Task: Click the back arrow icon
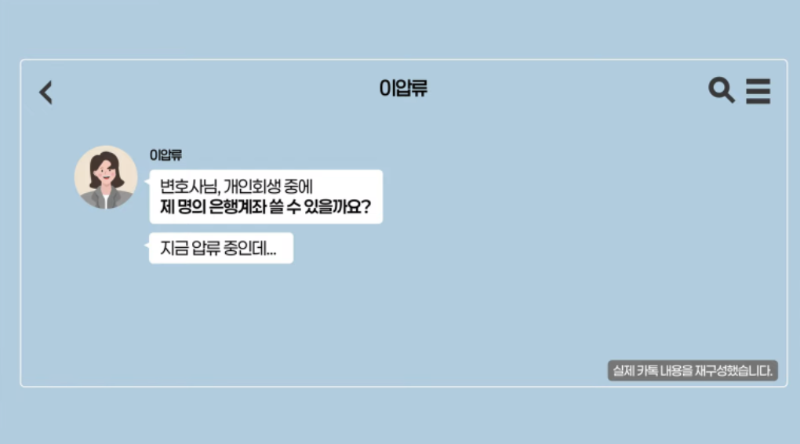[x=46, y=93]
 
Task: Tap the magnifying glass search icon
[x=722, y=90]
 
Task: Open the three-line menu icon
[x=758, y=91]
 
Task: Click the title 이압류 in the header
[x=403, y=89]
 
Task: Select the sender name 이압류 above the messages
[x=165, y=155]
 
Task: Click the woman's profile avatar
[x=106, y=177]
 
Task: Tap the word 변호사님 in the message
[x=189, y=186]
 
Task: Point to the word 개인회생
[x=253, y=186]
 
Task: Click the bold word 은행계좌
[x=238, y=206]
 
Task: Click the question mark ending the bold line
[x=365, y=206]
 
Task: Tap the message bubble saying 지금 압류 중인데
[x=221, y=248]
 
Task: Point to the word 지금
[x=174, y=248]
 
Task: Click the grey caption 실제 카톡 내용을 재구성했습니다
[x=693, y=370]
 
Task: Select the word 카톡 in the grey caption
[x=647, y=370]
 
